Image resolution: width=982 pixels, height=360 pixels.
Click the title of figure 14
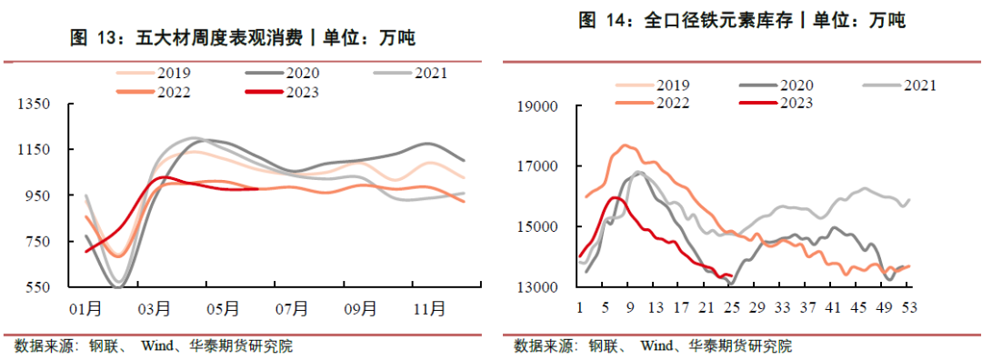click(742, 21)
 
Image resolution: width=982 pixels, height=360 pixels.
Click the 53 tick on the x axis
click(907, 307)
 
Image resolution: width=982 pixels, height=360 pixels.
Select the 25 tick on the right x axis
click(729, 307)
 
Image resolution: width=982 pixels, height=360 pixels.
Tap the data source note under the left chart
click(154, 346)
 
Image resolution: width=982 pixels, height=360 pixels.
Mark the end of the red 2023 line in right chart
click(732, 277)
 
